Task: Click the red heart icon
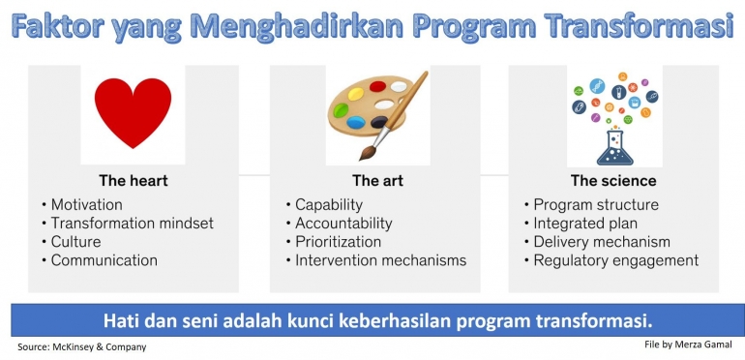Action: tap(132, 113)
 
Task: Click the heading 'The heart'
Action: tap(133, 181)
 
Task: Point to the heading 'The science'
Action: tap(613, 181)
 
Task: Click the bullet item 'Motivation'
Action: tap(86, 205)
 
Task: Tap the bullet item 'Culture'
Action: tap(75, 242)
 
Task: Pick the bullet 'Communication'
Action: tap(104, 260)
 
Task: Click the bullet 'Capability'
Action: tap(329, 205)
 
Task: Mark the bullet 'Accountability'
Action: tap(343, 224)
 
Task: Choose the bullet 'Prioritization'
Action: tap(338, 242)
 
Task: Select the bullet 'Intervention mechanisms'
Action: tap(380, 260)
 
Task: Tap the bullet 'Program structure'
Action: tap(596, 205)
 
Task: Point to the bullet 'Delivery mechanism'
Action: tap(602, 242)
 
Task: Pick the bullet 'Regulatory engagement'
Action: tap(615, 260)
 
